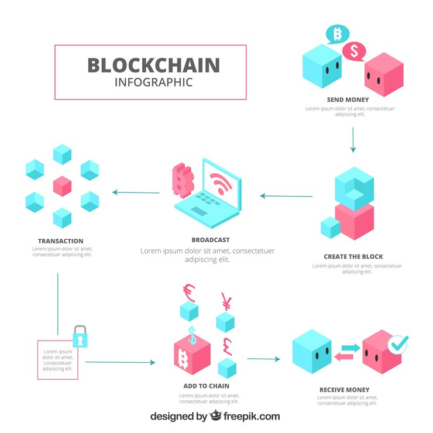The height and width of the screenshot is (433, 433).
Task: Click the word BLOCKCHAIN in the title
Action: [x=153, y=65]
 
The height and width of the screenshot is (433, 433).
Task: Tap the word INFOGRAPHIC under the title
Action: [x=153, y=83]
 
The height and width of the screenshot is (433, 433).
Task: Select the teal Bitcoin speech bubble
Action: [x=338, y=35]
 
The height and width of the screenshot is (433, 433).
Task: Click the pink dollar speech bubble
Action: [x=354, y=51]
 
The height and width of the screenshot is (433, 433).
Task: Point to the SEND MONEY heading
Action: [x=348, y=99]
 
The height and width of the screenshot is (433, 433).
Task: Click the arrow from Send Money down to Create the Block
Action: [x=353, y=140]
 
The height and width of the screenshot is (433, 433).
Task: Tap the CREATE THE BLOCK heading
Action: [x=353, y=256]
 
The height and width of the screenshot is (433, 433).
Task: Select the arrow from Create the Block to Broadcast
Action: [x=286, y=196]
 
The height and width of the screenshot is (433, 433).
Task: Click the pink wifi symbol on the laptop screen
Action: [x=221, y=183]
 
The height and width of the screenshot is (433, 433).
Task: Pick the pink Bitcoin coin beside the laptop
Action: [x=183, y=181]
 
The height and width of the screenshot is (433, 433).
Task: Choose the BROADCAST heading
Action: [x=211, y=240]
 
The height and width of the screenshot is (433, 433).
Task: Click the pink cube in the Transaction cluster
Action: [x=62, y=186]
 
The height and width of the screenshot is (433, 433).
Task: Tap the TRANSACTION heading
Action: [x=60, y=241]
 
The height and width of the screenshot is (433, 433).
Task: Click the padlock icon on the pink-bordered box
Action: [x=80, y=336]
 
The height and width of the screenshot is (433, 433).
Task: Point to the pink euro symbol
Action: [x=189, y=293]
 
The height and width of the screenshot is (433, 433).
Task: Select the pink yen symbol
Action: [x=226, y=302]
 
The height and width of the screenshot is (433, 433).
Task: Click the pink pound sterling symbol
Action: [x=228, y=346]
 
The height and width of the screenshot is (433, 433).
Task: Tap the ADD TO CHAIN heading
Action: [x=207, y=386]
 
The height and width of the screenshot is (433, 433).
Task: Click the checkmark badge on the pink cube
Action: [x=398, y=344]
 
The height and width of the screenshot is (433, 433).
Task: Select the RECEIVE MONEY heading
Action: [x=345, y=390]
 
